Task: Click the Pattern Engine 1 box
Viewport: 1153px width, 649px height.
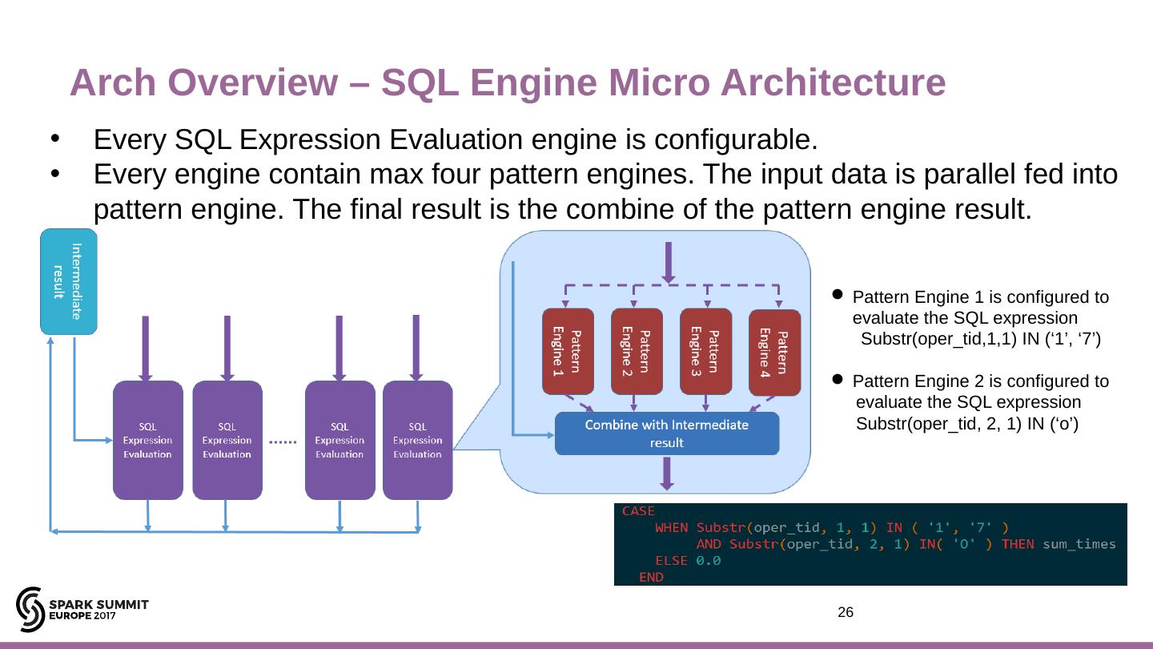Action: point(568,351)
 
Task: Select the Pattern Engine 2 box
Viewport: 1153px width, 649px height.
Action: point(637,351)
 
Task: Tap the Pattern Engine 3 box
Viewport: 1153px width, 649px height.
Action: point(706,351)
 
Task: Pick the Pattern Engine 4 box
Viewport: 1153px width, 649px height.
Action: point(774,353)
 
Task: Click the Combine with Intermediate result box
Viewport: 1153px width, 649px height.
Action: point(667,433)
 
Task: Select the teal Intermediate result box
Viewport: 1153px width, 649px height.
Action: point(69,281)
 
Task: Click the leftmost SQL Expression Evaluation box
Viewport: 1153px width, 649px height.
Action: point(148,440)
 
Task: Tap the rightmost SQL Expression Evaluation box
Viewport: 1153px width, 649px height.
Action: point(418,440)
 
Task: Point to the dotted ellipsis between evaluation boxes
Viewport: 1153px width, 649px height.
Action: point(283,441)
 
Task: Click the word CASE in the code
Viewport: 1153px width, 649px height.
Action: point(638,511)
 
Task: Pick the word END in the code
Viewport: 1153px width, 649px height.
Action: point(652,577)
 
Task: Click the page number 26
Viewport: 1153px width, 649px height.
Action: point(846,613)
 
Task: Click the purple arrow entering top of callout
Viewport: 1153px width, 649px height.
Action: point(668,261)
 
